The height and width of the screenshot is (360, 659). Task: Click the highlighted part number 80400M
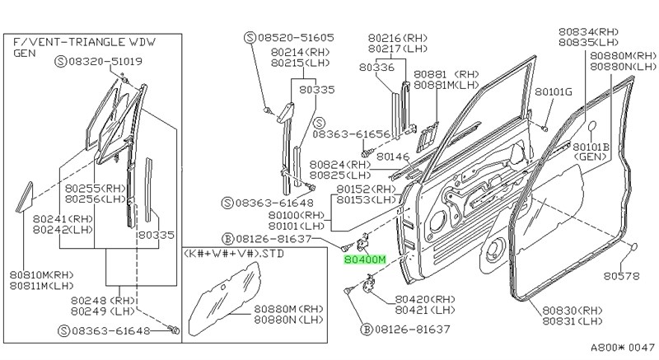coord(364,259)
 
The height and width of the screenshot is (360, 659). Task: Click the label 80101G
coord(553,91)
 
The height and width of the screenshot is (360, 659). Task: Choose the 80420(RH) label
coord(425,300)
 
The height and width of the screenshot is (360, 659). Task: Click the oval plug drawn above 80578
coord(636,247)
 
